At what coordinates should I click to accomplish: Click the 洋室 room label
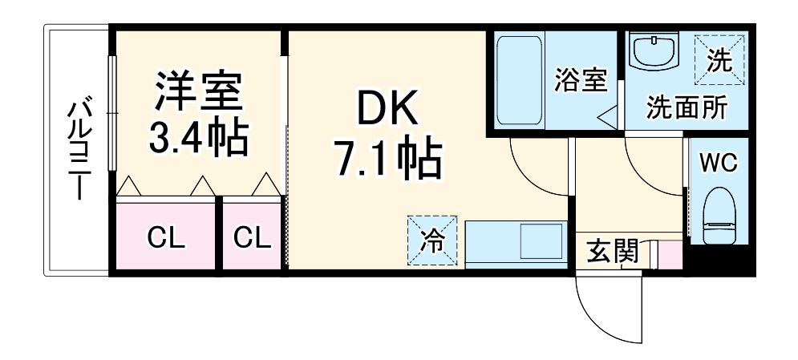click(x=199, y=91)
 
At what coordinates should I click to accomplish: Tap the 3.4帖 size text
click(x=199, y=137)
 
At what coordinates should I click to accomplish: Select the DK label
click(x=387, y=107)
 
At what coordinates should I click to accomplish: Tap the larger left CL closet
click(x=166, y=236)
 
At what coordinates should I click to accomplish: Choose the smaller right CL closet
click(x=252, y=236)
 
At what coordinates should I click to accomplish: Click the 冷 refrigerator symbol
click(x=432, y=241)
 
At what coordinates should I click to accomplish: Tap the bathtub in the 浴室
click(x=519, y=80)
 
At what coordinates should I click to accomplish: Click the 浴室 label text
click(x=581, y=80)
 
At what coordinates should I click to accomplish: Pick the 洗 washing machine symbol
click(x=720, y=59)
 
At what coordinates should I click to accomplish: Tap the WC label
click(x=718, y=164)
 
